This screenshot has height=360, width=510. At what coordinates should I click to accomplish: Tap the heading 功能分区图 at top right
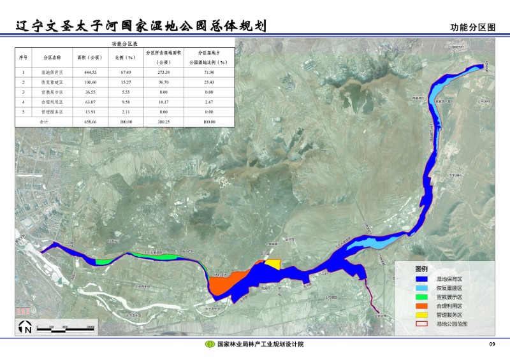[472, 28]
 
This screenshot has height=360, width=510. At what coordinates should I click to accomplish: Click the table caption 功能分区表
[124, 43]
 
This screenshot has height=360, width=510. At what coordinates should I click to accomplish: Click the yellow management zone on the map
[273, 264]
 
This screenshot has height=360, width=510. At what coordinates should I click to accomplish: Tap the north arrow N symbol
[26, 328]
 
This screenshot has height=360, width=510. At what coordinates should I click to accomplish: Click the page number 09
[492, 345]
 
